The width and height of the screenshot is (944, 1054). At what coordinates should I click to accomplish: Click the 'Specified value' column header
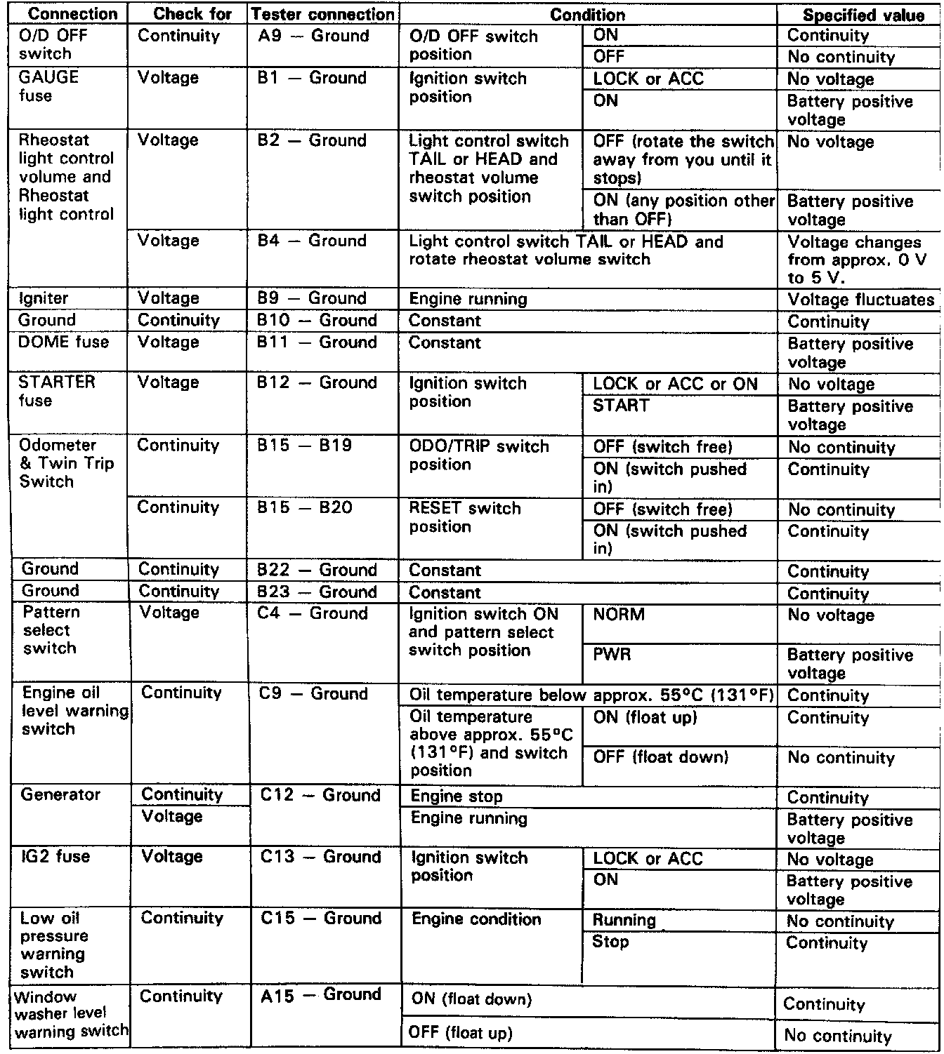(863, 15)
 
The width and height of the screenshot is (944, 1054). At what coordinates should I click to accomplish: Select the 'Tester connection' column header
(322, 15)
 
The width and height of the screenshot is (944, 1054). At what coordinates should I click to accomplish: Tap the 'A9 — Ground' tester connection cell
(313, 36)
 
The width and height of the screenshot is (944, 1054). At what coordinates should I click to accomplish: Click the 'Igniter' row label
(44, 298)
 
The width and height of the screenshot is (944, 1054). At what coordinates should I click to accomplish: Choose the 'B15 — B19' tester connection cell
(304, 446)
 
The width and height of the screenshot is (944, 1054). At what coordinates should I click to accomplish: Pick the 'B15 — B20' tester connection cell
(304, 507)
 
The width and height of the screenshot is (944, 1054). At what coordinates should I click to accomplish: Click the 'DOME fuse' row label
(63, 342)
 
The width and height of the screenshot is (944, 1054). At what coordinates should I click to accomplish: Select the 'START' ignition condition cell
(621, 406)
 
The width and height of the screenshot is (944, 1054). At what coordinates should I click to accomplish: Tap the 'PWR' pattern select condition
(612, 655)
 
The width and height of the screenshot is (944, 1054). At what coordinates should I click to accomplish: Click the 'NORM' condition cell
(618, 615)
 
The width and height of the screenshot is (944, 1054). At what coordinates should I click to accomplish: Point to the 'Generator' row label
(60, 795)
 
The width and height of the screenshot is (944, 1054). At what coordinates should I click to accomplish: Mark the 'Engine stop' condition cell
(457, 796)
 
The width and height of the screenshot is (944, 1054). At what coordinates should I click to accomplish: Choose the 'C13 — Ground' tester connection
(320, 857)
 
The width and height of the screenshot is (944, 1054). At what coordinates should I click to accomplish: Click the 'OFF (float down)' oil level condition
(660, 757)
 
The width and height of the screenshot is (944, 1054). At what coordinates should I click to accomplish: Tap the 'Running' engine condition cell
(624, 920)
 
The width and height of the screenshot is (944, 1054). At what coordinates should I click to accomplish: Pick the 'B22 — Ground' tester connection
(317, 570)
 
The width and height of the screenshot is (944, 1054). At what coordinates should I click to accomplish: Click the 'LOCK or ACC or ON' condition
(675, 384)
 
